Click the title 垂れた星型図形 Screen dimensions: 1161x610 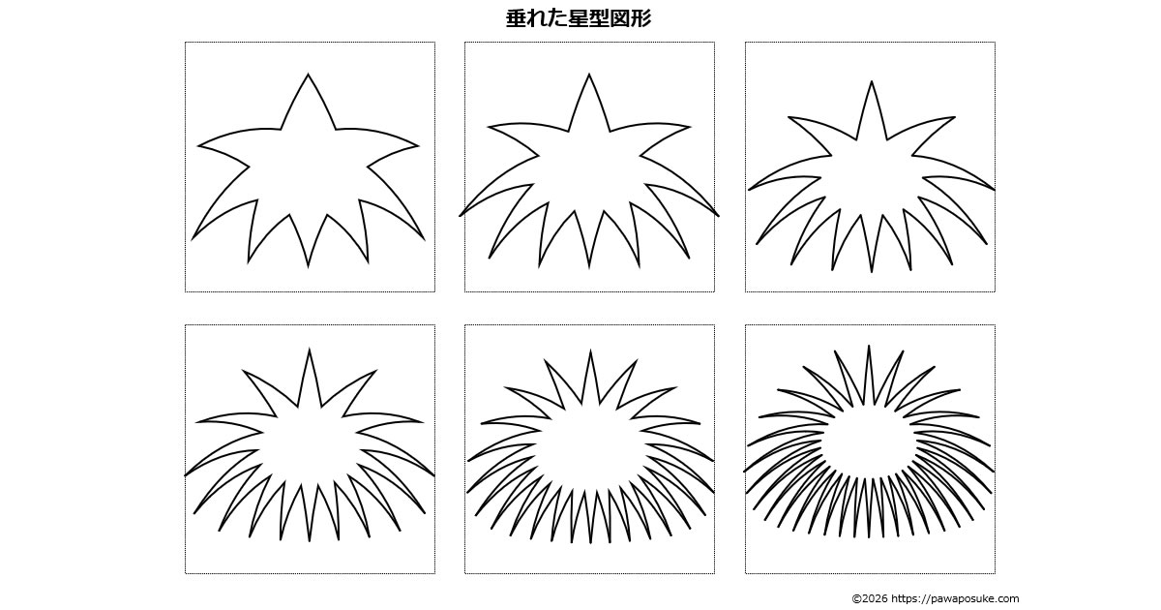click(579, 18)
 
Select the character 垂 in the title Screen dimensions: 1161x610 click(516, 18)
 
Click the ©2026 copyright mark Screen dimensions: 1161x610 click(870, 598)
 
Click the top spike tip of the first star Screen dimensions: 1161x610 click(309, 74)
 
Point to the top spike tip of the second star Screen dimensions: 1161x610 click(589, 74)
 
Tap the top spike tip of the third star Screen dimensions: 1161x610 click(872, 81)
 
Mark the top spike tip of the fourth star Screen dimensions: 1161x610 click(310, 349)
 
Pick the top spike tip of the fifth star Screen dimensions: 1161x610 click(590, 351)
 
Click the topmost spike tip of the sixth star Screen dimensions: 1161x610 click(869, 346)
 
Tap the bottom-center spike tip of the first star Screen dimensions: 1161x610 click(309, 267)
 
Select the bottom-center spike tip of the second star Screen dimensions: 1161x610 click(589, 269)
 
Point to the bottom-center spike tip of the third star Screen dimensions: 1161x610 click(872, 272)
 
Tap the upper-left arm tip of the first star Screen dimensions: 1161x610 click(198, 146)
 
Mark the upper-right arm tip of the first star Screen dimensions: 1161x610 click(418, 146)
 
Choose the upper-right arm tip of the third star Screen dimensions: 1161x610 click(955, 117)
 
